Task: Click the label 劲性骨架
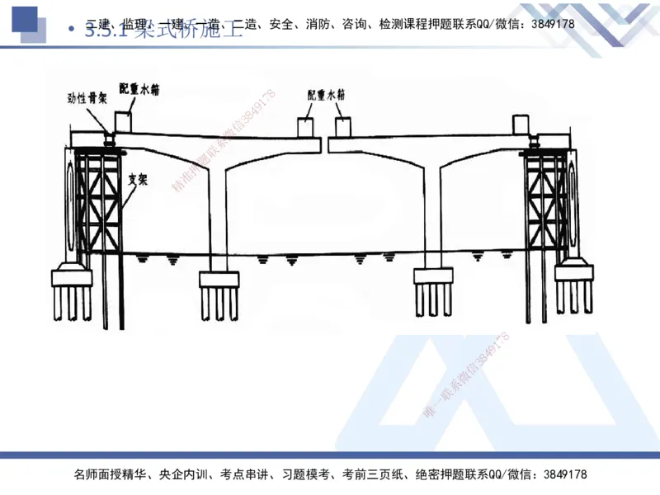pos(87,98)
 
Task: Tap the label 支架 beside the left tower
pos(138,178)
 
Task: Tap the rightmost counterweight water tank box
pos(522,125)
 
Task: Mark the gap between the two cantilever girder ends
pos(324,147)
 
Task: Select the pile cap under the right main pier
pos(431,276)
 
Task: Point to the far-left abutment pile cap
pos(70,275)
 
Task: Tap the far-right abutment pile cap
pos(575,272)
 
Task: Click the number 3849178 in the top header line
pos(549,24)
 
